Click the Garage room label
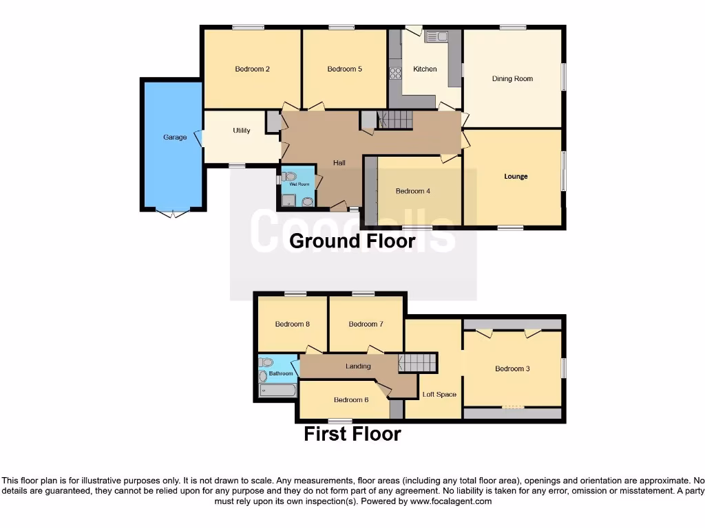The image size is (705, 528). pyautogui.click(x=175, y=137)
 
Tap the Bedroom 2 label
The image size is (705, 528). pyautogui.click(x=252, y=69)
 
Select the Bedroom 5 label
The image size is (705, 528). pyautogui.click(x=344, y=69)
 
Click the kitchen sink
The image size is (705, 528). pyautogui.click(x=436, y=36)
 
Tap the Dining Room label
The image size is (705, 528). pyautogui.click(x=512, y=79)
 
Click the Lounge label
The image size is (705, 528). pyautogui.click(x=516, y=177)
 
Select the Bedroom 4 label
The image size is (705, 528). pyautogui.click(x=412, y=192)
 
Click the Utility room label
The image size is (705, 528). pyautogui.click(x=241, y=131)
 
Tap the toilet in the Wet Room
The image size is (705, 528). pyautogui.click(x=288, y=175)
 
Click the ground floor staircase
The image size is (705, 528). pyautogui.click(x=395, y=120)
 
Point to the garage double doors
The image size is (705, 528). pyautogui.click(x=172, y=213)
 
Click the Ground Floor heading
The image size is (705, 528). pyautogui.click(x=352, y=241)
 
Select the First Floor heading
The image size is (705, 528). pyautogui.click(x=352, y=434)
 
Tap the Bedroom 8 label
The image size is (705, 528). pyautogui.click(x=292, y=324)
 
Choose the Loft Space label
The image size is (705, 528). pyautogui.click(x=439, y=395)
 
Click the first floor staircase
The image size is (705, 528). pyautogui.click(x=419, y=362)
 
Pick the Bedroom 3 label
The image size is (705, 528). pyautogui.click(x=512, y=369)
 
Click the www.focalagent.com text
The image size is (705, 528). pyautogui.click(x=450, y=502)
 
